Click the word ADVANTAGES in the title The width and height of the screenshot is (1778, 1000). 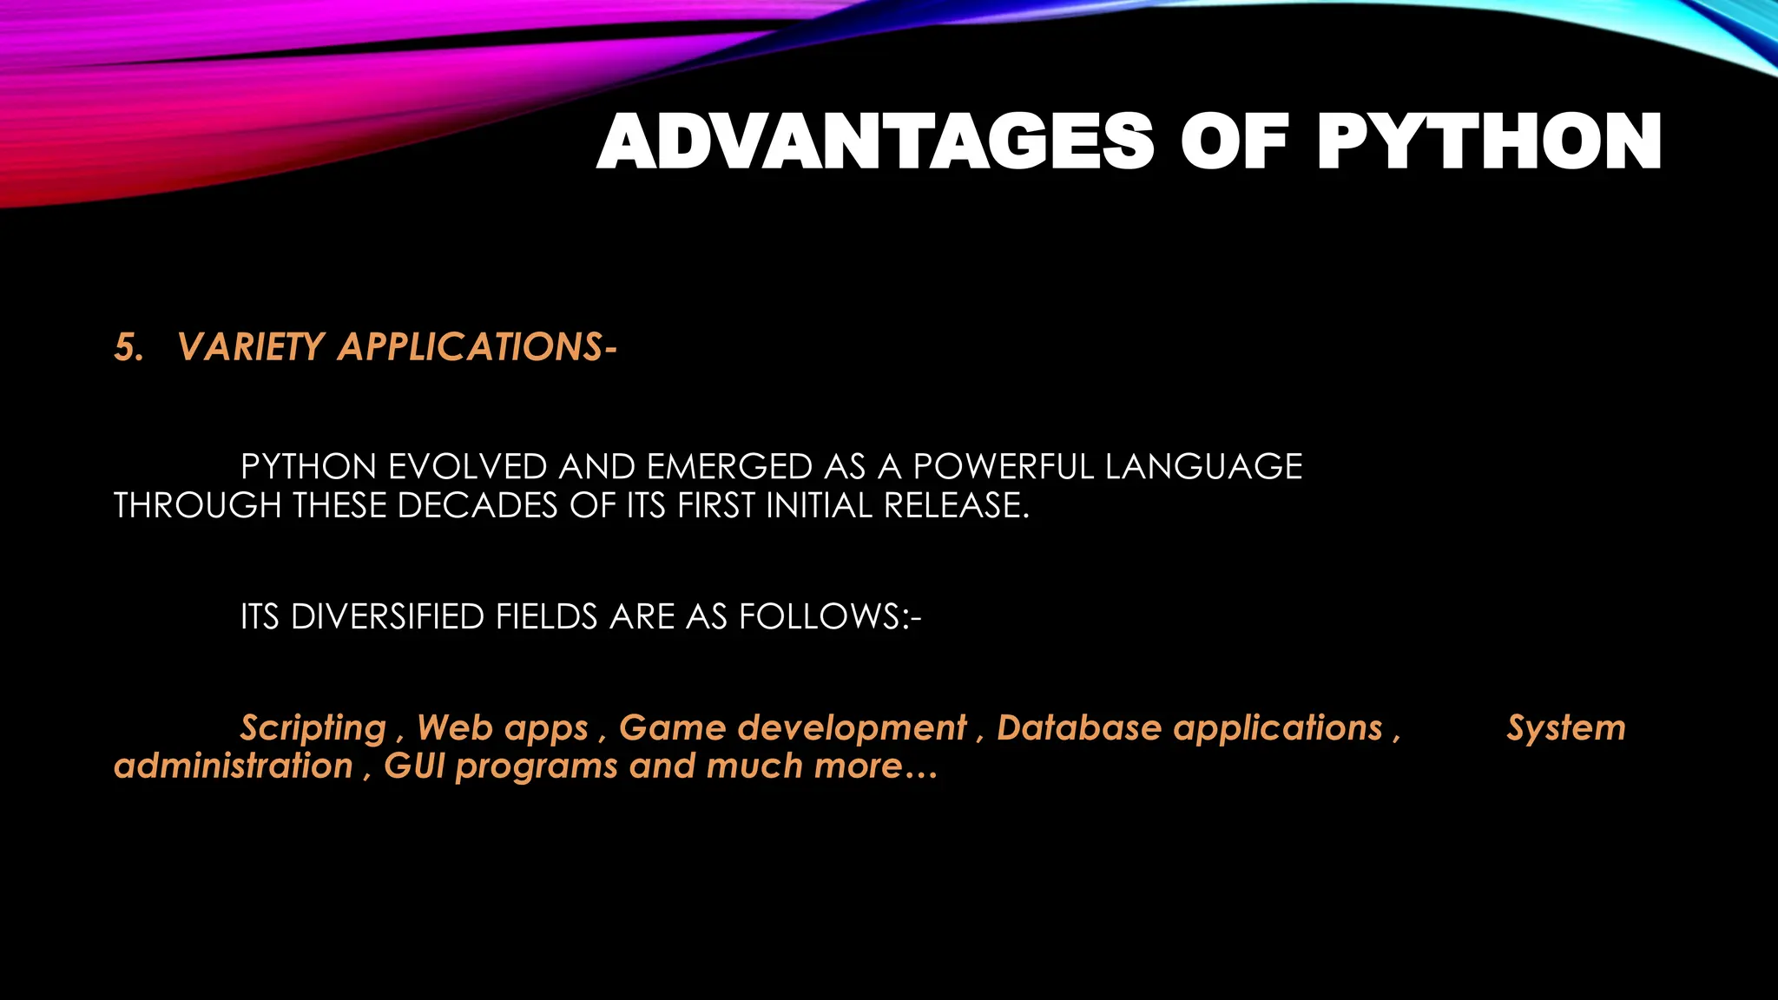[x=875, y=142]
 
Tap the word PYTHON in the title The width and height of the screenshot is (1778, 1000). [x=1488, y=142]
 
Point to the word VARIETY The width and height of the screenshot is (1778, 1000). [x=251, y=347]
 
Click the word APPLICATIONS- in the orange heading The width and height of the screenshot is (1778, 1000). [x=477, y=347]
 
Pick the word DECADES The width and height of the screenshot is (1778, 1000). [x=477, y=505]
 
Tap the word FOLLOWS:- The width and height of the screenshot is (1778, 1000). [x=830, y=616]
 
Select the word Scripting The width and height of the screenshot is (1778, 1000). [x=313, y=727]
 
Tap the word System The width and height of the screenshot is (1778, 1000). [x=1565, y=727]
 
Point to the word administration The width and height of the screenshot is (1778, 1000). [x=234, y=766]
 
